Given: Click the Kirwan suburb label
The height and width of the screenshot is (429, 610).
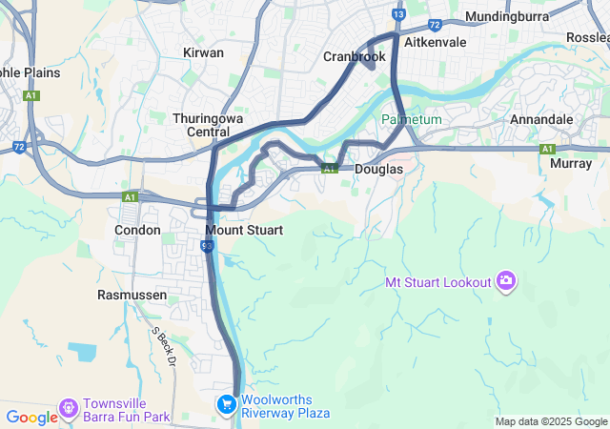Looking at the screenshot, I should coord(203,52).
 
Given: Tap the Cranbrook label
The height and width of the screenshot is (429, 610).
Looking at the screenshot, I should coord(355,56).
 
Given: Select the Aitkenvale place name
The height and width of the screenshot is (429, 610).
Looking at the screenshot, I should coord(435,43).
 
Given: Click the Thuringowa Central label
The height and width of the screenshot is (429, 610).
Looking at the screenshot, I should coord(201,125).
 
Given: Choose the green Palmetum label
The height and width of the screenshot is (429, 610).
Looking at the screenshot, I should coord(412,119).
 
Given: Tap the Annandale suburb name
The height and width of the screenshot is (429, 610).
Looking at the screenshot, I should coord(541,119).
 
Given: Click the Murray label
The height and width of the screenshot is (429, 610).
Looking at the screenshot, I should coord(571,163).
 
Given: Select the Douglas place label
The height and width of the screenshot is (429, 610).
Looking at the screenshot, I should coord(378,169).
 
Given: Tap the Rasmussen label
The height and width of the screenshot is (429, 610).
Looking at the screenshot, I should coord(132,295).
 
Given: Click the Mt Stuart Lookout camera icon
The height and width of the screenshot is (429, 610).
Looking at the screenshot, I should coord(505,281).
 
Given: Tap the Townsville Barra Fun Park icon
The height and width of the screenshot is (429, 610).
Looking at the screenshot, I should coord(68,408).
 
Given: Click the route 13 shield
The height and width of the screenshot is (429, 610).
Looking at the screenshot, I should coord(398,14).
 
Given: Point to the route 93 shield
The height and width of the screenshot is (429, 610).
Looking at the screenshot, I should coord(207,246).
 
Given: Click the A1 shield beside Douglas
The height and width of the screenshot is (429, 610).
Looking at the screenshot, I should coord(328,169).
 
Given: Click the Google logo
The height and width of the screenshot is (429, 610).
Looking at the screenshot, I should coord(31,417).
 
